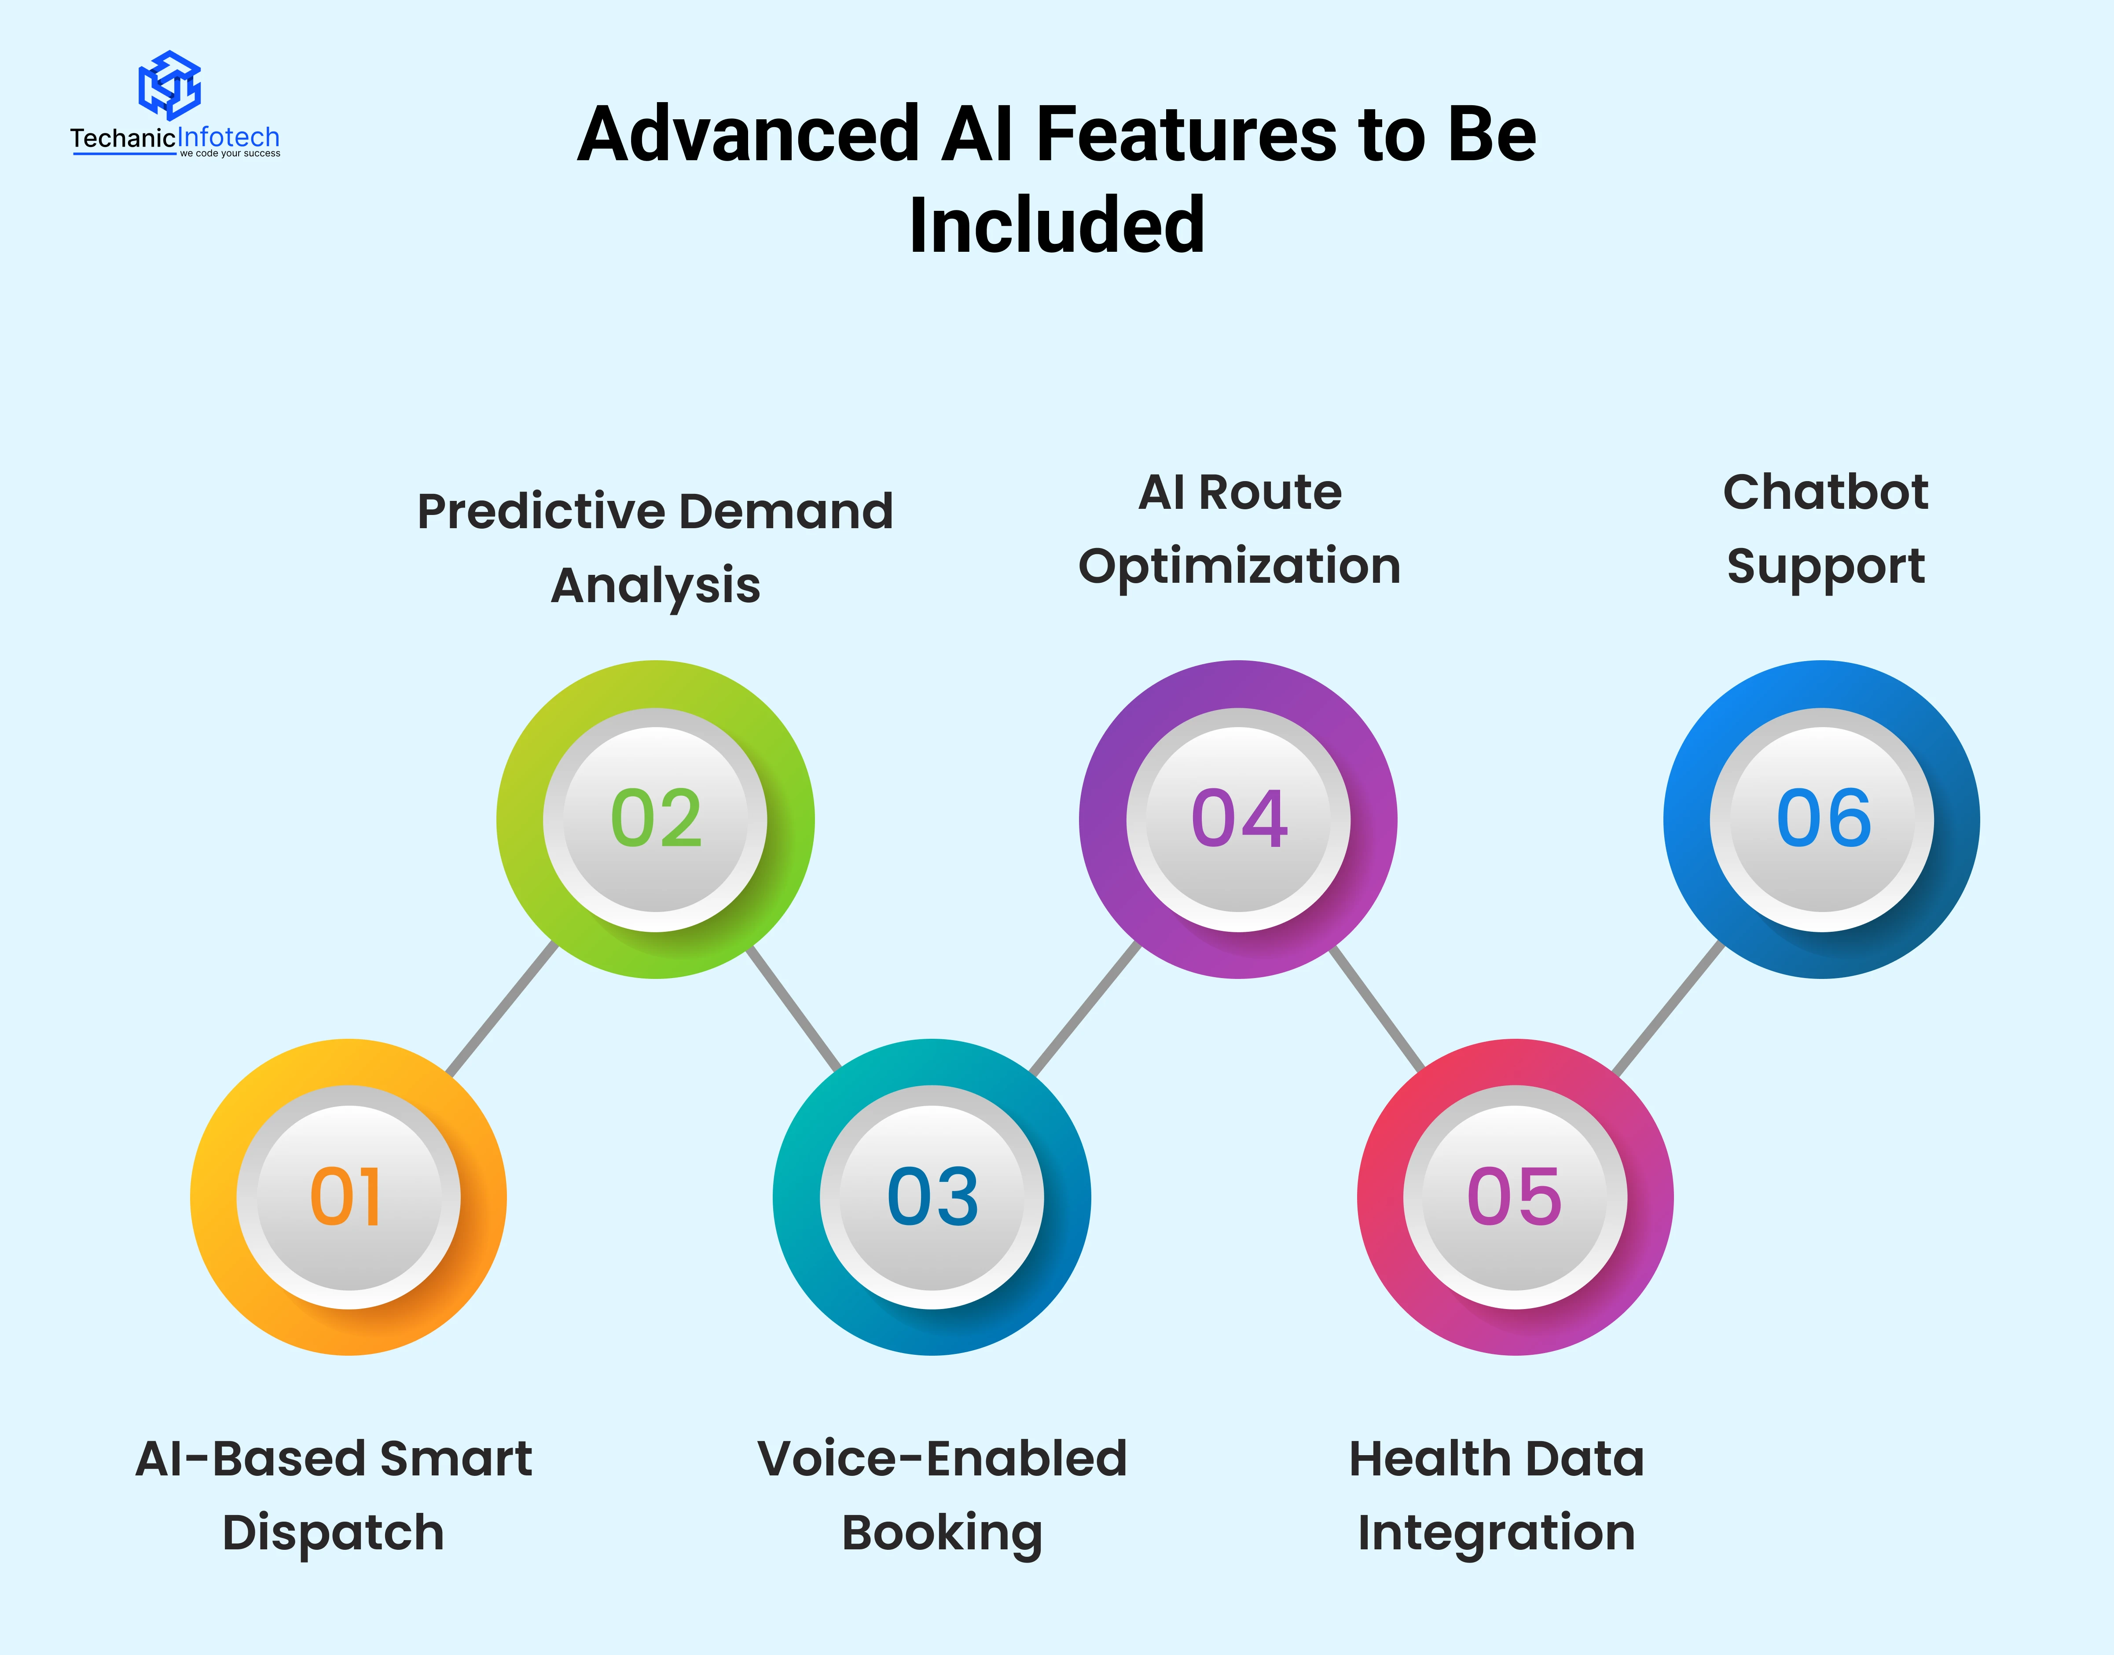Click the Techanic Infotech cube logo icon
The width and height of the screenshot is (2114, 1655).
(169, 85)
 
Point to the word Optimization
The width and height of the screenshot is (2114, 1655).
(1239, 567)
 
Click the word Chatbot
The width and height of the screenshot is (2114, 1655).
(1825, 492)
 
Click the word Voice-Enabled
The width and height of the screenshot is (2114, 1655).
(942, 1459)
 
